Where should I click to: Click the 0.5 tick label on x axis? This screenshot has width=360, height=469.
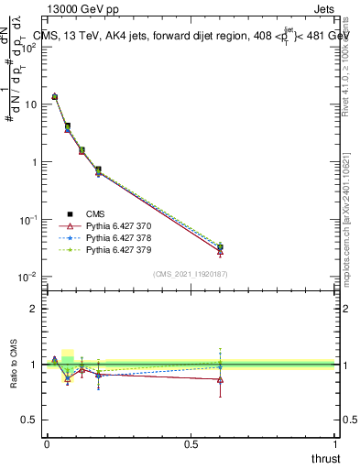tap(191, 443)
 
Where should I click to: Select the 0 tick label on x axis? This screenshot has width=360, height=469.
tap(47, 443)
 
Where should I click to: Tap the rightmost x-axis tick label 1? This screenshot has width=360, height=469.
tap(335, 443)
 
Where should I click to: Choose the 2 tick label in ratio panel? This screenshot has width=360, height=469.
tap(33, 309)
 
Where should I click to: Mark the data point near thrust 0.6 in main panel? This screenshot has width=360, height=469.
tap(221, 247)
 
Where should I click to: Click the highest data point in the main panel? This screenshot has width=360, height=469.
tap(55, 96)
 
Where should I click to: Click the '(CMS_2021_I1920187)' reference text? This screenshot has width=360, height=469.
tap(191, 273)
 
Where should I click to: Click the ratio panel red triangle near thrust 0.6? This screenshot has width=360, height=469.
tap(221, 379)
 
